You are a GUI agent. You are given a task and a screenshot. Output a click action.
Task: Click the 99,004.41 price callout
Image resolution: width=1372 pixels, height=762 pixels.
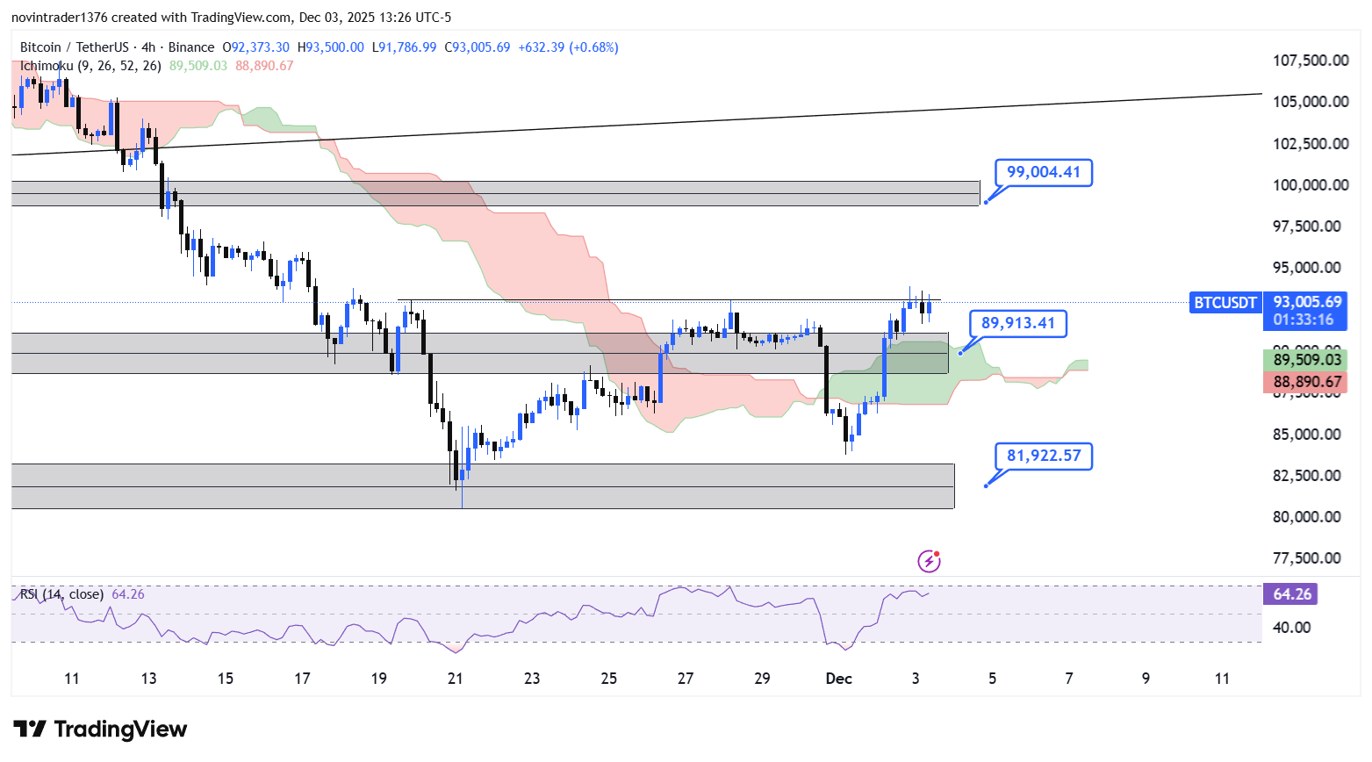coord(1043,172)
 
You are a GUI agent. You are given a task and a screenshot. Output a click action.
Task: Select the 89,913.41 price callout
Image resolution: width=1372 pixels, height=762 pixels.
coord(1017,323)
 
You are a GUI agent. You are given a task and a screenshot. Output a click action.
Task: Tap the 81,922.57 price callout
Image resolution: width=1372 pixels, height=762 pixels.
coord(1043,456)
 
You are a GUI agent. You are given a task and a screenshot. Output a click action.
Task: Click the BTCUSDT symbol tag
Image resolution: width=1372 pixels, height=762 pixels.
coord(1225,303)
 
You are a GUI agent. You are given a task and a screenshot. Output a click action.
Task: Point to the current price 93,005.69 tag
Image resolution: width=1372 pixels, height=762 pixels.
coord(1307,302)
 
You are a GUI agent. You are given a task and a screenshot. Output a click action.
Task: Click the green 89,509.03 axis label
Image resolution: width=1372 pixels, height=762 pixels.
coord(1307,359)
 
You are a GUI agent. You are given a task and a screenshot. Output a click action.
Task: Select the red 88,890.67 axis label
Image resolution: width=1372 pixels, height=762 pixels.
coord(1307,382)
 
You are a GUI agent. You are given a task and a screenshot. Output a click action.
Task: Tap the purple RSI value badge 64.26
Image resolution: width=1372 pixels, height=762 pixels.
coord(1291,594)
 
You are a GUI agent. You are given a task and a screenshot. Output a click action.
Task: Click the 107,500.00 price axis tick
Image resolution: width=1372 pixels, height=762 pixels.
coord(1311,61)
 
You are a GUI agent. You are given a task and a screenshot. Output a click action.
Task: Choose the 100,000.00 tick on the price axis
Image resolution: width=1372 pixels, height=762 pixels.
coord(1311,185)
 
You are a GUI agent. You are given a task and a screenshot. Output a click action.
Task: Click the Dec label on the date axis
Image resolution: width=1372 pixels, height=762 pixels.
coord(838,679)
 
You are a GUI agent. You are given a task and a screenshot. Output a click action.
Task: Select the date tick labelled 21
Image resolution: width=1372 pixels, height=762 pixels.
coord(455,679)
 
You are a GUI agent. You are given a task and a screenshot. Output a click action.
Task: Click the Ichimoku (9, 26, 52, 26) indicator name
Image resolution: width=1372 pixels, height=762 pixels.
coord(90,66)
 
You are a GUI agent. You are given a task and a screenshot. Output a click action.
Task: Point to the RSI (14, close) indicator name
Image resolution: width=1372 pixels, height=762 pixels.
coord(61,594)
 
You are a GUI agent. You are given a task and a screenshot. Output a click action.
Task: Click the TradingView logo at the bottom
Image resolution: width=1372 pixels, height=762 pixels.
coord(100,730)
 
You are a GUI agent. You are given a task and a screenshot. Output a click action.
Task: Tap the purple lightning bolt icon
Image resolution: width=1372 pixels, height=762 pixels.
coord(929,561)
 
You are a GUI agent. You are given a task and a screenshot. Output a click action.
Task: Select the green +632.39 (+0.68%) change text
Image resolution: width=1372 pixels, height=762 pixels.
coord(568,47)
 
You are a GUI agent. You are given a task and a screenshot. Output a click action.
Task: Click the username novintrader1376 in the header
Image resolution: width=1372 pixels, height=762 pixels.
coord(59,18)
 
